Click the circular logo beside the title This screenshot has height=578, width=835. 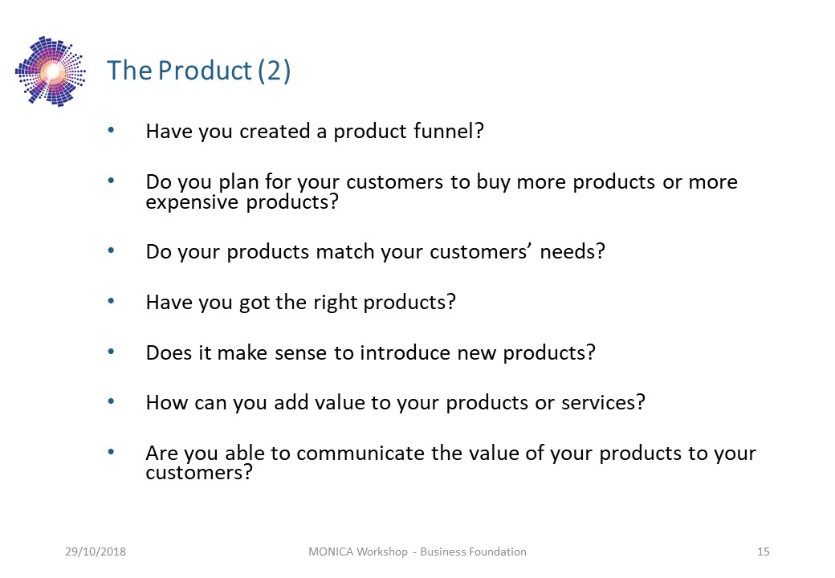click(x=51, y=71)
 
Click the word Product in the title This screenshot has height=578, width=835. click(x=205, y=71)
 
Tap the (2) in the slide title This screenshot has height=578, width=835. click(x=275, y=71)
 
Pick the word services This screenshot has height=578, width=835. click(x=603, y=402)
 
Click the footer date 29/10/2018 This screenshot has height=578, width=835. click(x=96, y=552)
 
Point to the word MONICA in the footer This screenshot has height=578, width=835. click(x=331, y=552)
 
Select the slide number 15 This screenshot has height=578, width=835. click(x=764, y=552)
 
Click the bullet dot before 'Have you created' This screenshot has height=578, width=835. click(x=111, y=130)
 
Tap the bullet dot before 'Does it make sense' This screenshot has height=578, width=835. click(x=111, y=352)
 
